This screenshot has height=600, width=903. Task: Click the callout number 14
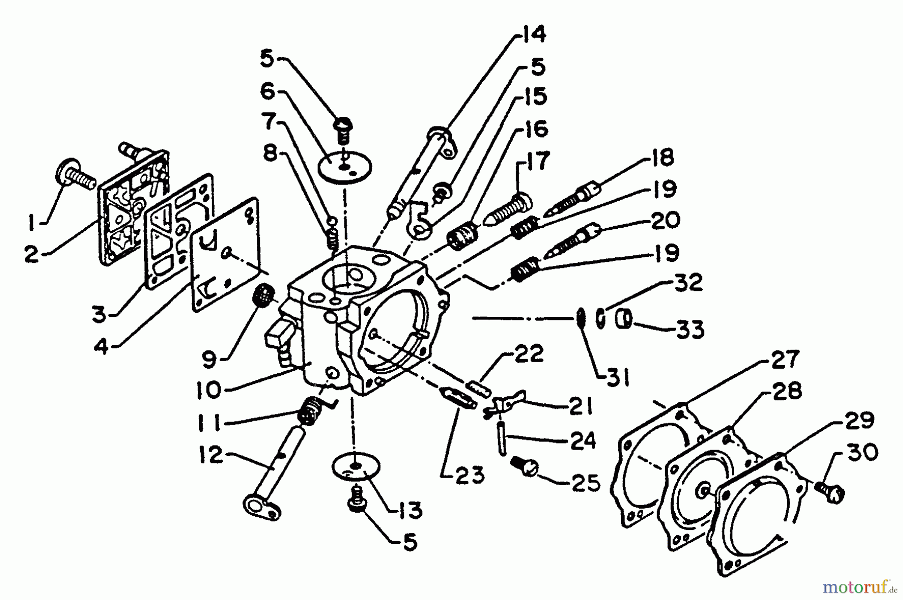(x=531, y=36)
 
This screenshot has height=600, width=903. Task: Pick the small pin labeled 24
(x=502, y=438)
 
